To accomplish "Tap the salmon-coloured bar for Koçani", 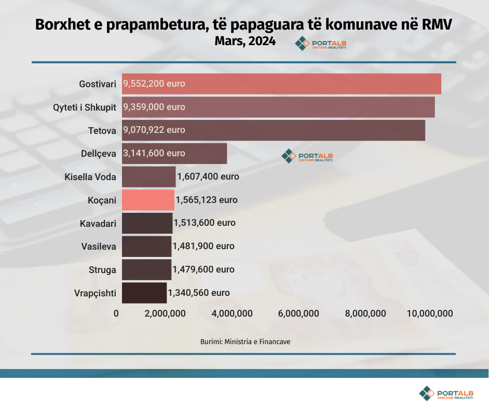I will click(148, 200).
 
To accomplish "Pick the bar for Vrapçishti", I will click(144, 293).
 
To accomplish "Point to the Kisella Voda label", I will click(90, 177).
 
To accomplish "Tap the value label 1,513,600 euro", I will click(205, 223).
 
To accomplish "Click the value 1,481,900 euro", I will click(203, 246).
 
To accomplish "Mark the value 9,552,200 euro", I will click(154, 84).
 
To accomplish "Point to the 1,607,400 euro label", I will click(208, 176).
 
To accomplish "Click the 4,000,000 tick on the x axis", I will click(233, 313).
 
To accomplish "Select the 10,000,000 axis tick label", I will click(430, 313).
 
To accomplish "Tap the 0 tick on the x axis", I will click(116, 313).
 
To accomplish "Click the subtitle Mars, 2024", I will click(244, 42).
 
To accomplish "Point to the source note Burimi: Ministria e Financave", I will click(245, 342).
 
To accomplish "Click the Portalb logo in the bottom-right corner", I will click(446, 393).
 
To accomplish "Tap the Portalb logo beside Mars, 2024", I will click(320, 45).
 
